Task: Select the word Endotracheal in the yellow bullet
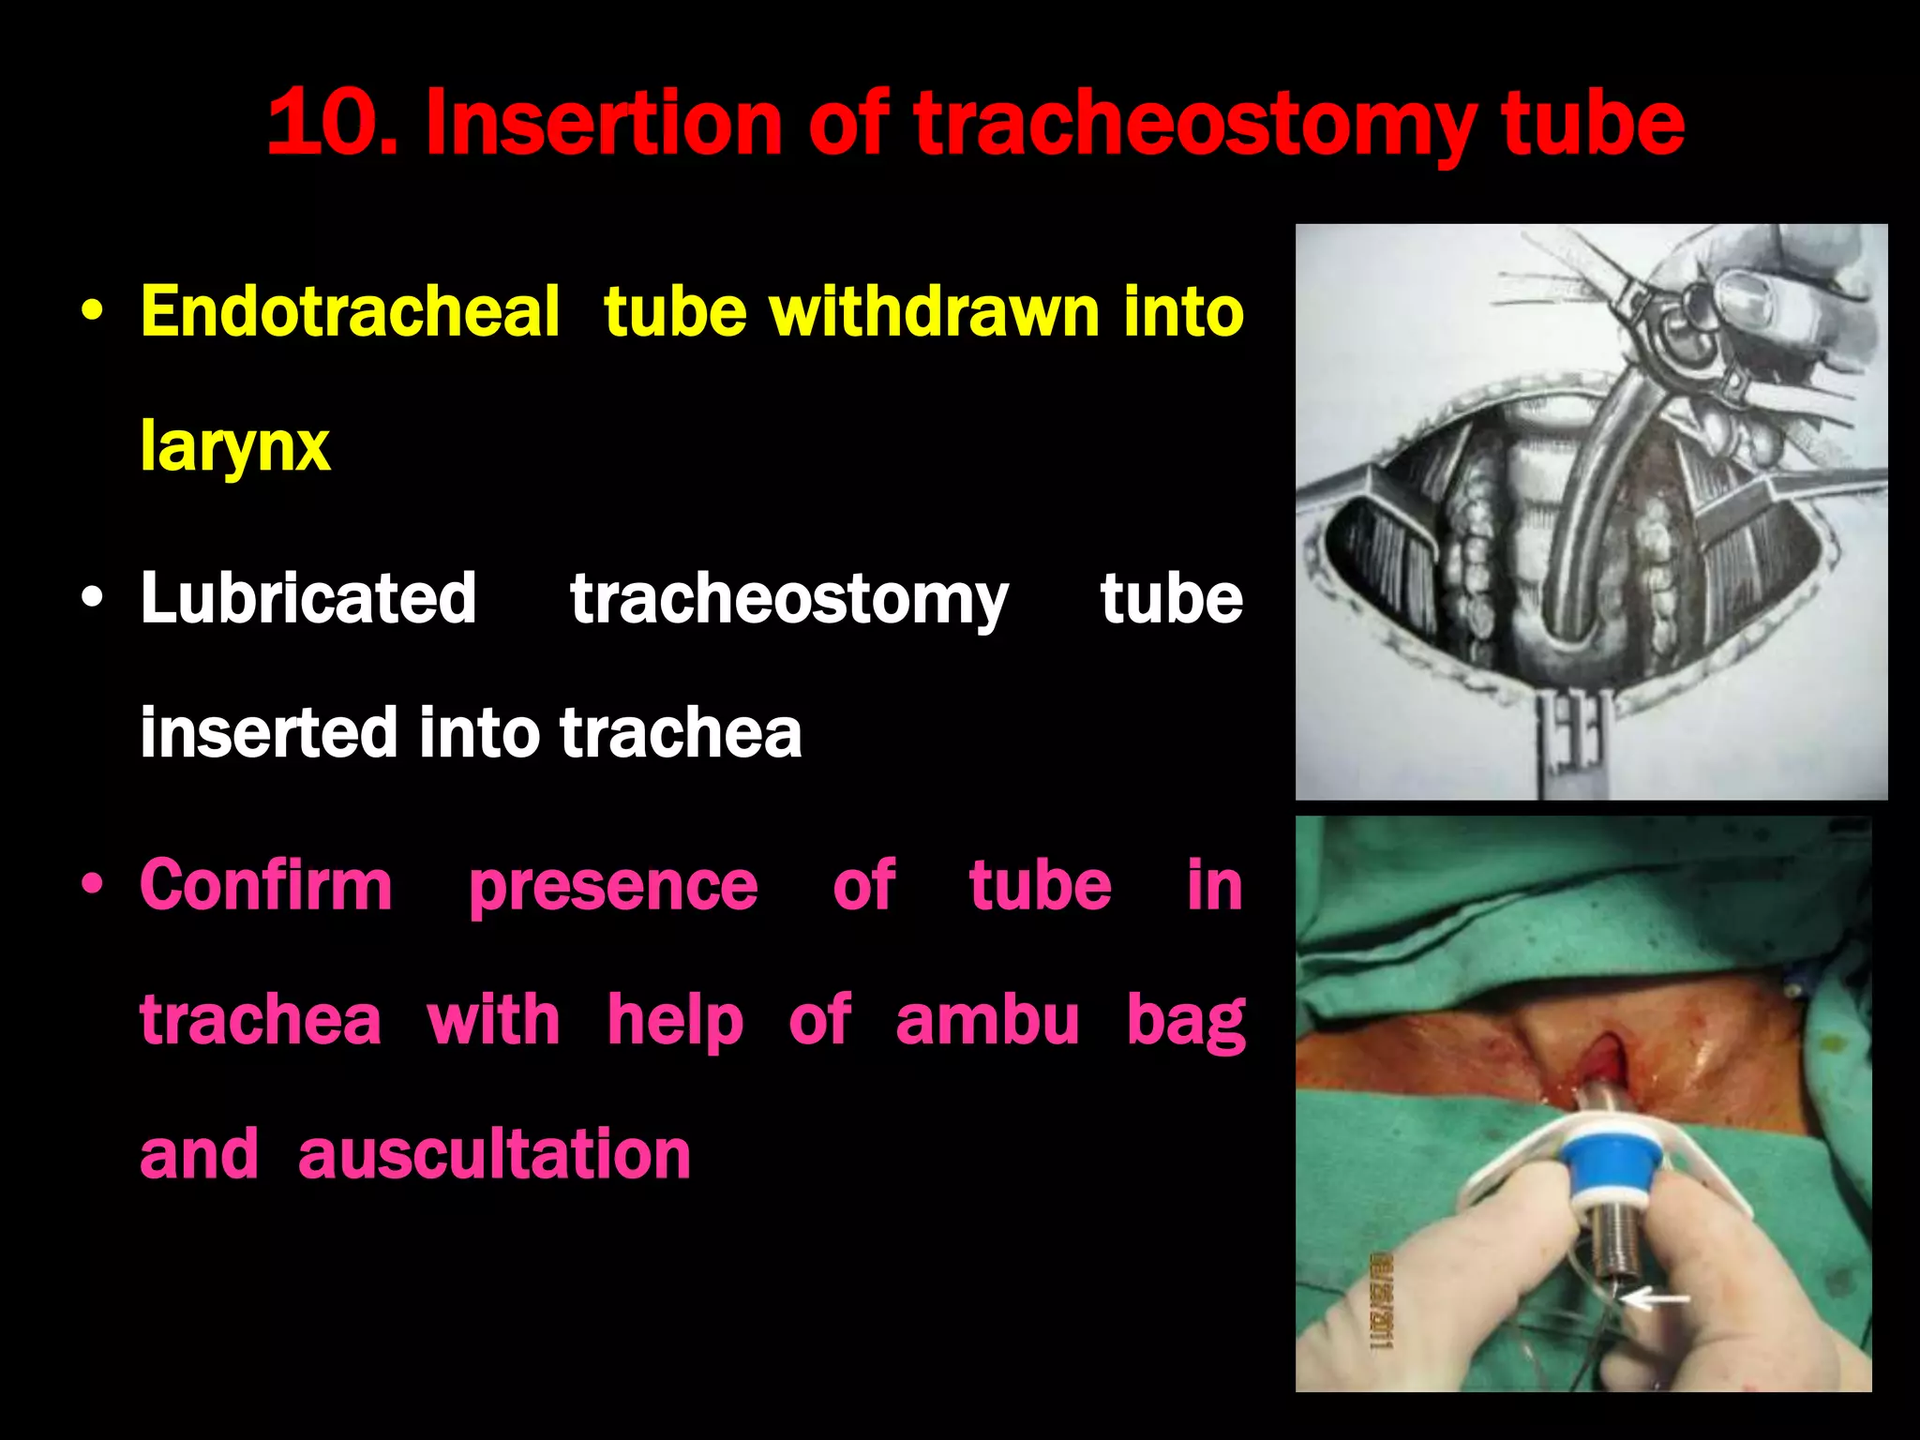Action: pyautogui.click(x=350, y=312)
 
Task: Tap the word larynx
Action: pyautogui.click(x=234, y=447)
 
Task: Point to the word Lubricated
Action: pyautogui.click(x=308, y=599)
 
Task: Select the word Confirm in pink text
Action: pyautogui.click(x=266, y=886)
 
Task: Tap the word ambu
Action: pyautogui.click(x=987, y=1020)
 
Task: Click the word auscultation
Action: pyautogui.click(x=494, y=1154)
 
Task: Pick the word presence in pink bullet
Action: pyautogui.click(x=613, y=887)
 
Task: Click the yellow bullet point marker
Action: pyautogui.click(x=92, y=312)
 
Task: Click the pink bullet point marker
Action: pyautogui.click(x=92, y=885)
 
